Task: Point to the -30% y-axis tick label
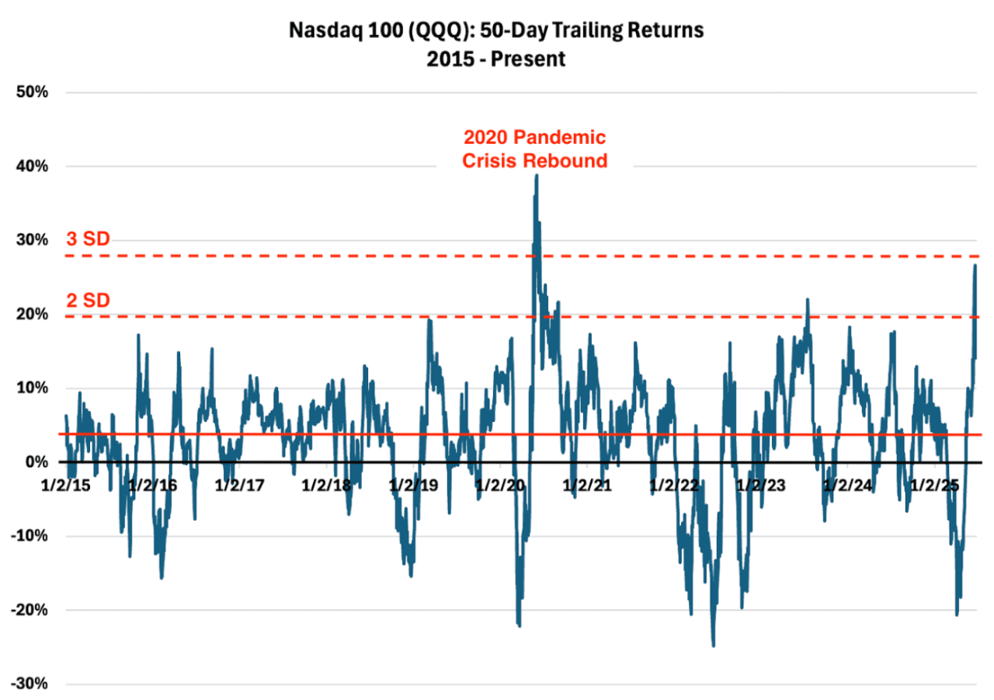tap(30, 684)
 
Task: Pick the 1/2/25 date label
tap(935, 485)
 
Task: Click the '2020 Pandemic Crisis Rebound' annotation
tap(534, 148)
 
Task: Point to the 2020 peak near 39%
tap(537, 176)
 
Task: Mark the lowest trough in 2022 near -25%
tap(713, 645)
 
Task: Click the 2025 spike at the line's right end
tap(975, 266)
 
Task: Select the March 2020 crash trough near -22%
tap(519, 625)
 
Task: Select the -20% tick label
tap(30, 610)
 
